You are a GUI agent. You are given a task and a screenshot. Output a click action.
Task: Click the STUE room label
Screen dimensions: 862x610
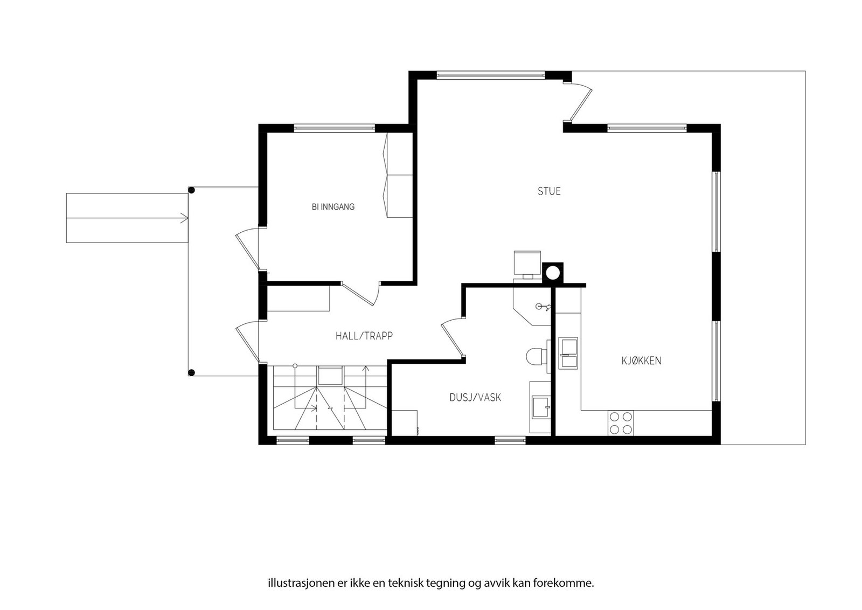(x=549, y=191)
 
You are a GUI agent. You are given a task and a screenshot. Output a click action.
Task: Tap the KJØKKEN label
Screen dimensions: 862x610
(x=641, y=361)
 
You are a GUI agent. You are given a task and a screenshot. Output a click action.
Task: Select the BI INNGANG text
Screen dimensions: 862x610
(x=333, y=207)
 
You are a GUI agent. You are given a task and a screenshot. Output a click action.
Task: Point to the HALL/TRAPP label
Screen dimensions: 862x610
(x=364, y=336)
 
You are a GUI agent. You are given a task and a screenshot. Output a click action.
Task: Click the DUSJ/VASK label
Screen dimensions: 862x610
(x=475, y=397)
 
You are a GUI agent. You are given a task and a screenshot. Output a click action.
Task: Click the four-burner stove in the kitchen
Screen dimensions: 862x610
(x=620, y=423)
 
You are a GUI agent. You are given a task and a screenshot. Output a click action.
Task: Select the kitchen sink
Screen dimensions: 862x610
(x=568, y=353)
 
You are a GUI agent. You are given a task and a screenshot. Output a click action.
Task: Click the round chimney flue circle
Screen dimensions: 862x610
(x=553, y=273)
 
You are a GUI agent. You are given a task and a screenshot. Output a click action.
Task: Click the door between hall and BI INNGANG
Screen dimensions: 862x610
(x=360, y=294)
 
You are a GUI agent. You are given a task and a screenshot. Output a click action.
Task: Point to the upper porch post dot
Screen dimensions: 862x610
(x=191, y=190)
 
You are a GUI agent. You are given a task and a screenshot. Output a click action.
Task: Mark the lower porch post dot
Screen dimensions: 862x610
(x=191, y=372)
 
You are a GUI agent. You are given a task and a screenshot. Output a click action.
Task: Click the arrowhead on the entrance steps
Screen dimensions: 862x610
(x=184, y=218)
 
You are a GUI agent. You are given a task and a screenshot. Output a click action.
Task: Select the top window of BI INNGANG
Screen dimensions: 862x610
(x=335, y=128)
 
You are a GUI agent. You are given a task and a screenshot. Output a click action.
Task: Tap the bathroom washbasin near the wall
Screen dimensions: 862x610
(x=540, y=407)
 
